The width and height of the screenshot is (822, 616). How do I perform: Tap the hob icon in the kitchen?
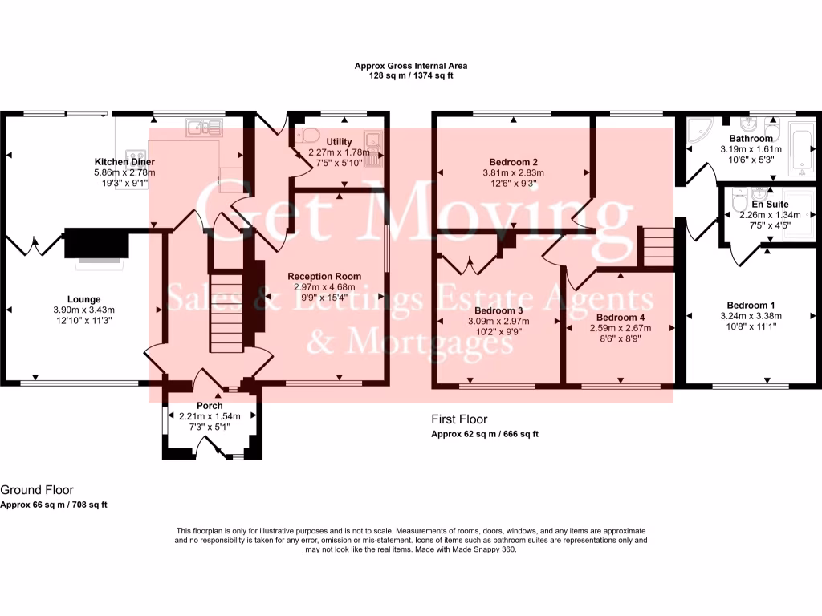click(135, 156)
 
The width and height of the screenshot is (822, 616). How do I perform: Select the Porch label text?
click(210, 406)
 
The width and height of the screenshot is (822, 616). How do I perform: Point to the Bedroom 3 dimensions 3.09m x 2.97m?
click(498, 321)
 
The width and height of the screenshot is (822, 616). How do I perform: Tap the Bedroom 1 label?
click(751, 305)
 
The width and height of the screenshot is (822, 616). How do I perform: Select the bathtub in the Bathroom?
click(802, 148)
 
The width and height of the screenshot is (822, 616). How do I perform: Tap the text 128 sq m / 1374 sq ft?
click(411, 75)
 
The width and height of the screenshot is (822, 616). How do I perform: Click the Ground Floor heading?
click(37, 490)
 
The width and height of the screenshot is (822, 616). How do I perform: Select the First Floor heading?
click(459, 419)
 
